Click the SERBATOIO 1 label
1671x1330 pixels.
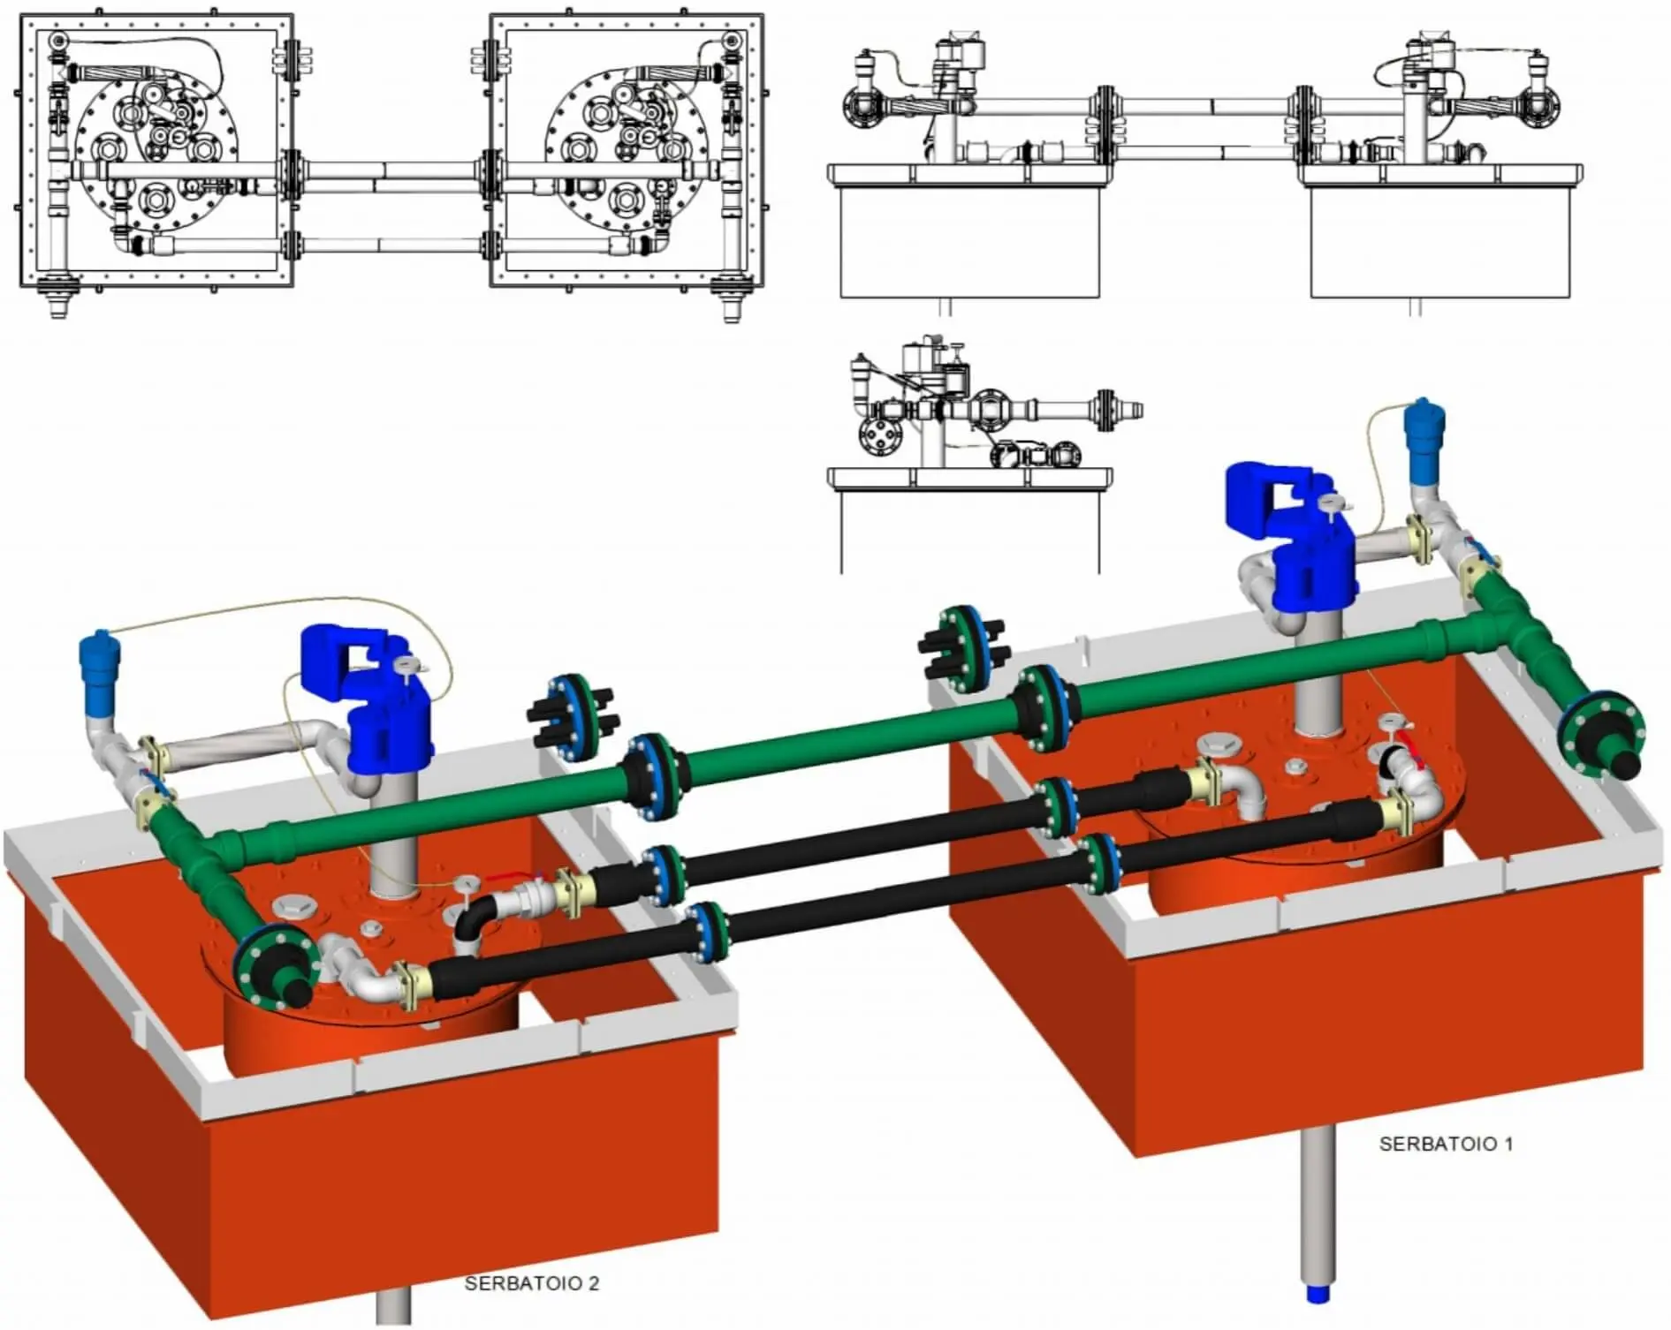[1446, 1144]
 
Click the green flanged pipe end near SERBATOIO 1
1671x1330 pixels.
[1601, 737]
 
